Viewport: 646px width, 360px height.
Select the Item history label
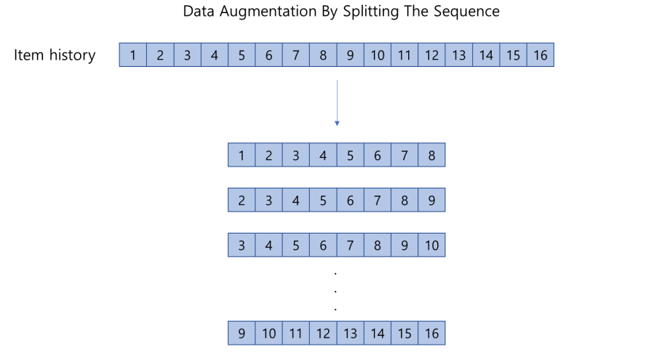(55, 55)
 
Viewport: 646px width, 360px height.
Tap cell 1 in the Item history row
(133, 55)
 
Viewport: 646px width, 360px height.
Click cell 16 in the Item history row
(540, 55)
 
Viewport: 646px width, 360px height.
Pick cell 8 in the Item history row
(323, 55)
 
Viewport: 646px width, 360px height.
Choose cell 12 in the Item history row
(431, 55)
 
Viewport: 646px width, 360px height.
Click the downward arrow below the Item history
(336, 102)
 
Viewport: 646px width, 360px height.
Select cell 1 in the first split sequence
(242, 155)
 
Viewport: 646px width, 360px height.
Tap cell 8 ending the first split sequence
(431, 155)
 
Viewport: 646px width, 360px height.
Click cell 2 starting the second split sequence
(242, 200)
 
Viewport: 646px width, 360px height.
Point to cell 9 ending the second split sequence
(431, 200)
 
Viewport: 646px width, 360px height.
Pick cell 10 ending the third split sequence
(431, 245)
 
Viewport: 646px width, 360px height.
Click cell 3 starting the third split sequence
(242, 245)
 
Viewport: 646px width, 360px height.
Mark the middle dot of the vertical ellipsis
(335, 290)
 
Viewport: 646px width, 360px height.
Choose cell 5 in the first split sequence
(350, 155)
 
